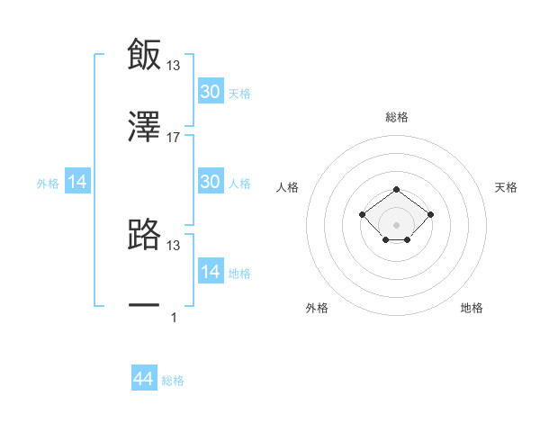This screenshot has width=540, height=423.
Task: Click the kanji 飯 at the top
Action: (x=144, y=55)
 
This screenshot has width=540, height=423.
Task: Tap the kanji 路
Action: (x=144, y=235)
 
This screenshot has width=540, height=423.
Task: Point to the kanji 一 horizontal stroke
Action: (x=144, y=306)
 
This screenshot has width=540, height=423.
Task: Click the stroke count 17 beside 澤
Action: (x=174, y=138)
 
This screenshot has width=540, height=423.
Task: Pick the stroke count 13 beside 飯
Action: (x=174, y=65)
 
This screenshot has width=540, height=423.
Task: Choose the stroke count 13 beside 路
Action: (x=174, y=245)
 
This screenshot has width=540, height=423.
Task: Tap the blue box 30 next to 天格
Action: (x=211, y=92)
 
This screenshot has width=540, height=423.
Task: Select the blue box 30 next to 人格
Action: (x=211, y=182)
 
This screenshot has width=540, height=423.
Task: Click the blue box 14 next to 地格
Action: (x=211, y=272)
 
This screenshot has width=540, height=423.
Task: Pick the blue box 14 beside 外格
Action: (x=77, y=183)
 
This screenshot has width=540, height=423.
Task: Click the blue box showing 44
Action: (x=144, y=380)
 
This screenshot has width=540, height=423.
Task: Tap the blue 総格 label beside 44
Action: (x=173, y=381)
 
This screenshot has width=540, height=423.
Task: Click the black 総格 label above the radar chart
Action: (x=397, y=117)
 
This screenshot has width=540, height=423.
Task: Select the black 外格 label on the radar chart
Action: (x=317, y=308)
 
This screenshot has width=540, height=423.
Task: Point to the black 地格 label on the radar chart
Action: (x=472, y=308)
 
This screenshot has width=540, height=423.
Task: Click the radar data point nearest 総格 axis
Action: (x=396, y=190)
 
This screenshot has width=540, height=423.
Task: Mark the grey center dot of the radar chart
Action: (x=396, y=224)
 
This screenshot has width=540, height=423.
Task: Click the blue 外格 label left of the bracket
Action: (x=48, y=184)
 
